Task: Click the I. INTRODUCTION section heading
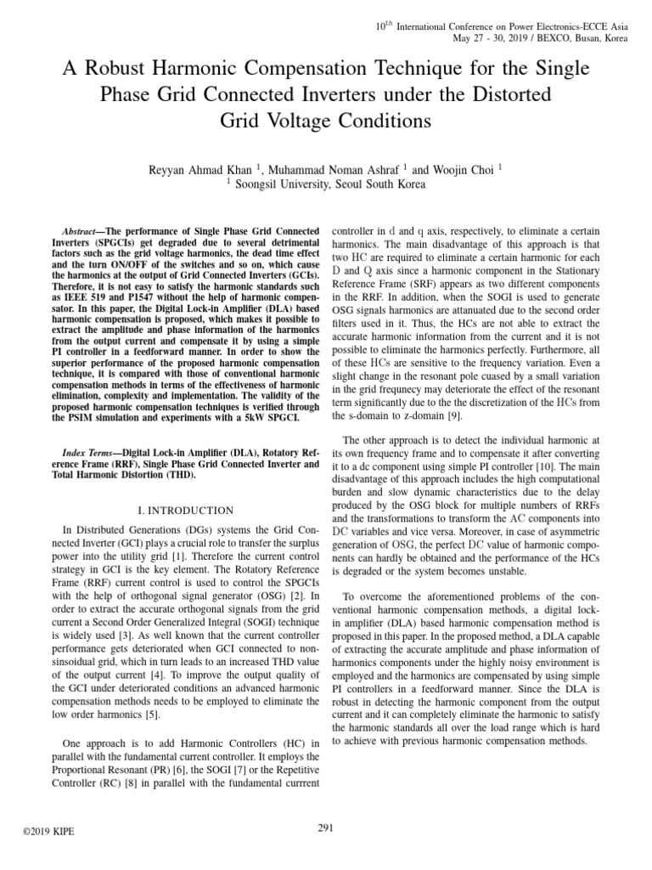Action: [185, 510]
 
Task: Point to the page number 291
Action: [326, 828]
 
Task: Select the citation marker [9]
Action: [453, 415]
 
